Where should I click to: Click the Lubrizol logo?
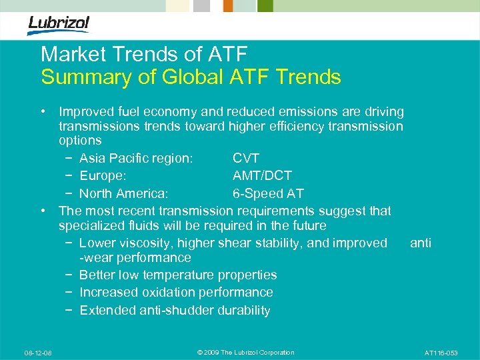click(58, 25)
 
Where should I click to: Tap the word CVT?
click(246, 158)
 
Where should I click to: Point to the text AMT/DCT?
click(262, 176)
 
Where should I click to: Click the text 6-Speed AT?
click(268, 194)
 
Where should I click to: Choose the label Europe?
click(103, 176)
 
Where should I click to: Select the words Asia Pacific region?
click(136, 158)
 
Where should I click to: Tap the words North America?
click(124, 194)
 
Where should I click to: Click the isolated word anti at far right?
click(421, 243)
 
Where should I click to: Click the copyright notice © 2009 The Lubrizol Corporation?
click(246, 353)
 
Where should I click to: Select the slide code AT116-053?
click(441, 353)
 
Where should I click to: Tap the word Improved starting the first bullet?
click(85, 111)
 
